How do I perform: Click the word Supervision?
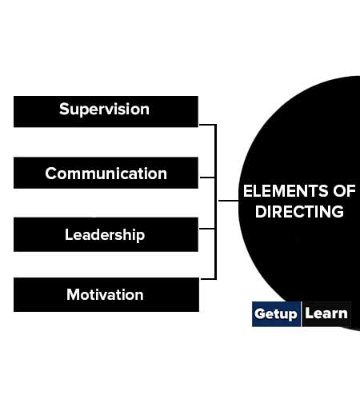coord(104,110)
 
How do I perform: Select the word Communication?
coord(106,174)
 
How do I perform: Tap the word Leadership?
coord(105,235)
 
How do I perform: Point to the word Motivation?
coord(105,295)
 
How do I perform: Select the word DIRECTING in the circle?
coord(299,212)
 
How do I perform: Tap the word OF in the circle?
coord(344,191)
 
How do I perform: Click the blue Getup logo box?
coord(276,314)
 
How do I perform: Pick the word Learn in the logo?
coord(326,313)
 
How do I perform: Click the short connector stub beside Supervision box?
coord(207,125)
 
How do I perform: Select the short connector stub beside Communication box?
coord(207,178)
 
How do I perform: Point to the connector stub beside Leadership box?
coord(207,229)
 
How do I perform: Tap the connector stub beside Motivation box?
coord(208,279)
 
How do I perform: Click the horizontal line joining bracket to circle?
coord(228,201)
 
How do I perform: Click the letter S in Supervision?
coord(64,109)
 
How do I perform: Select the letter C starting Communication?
coord(51,174)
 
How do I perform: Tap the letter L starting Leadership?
coord(69,234)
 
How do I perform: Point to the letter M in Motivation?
coord(74,294)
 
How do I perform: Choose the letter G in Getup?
coord(260,313)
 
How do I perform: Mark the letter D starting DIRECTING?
coord(261,212)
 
